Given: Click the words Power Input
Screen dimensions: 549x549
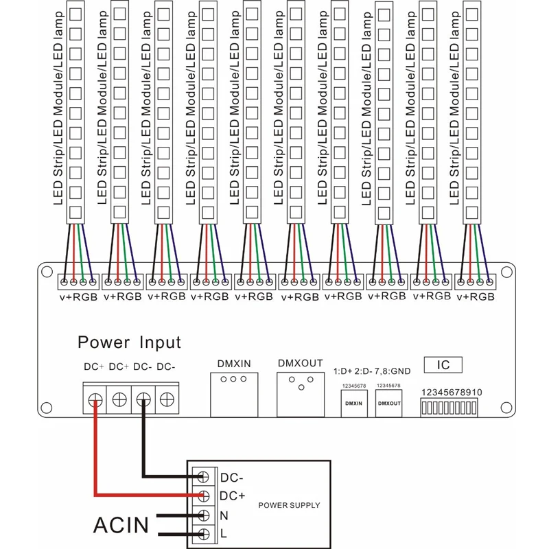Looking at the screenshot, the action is (129, 342).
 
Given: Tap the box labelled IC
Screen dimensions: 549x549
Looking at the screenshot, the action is (443, 365).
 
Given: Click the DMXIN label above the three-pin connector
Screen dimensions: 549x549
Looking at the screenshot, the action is (234, 364).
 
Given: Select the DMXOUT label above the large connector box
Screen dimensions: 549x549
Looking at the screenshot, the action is (300, 363).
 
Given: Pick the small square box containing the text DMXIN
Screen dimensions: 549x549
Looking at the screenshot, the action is (354, 404).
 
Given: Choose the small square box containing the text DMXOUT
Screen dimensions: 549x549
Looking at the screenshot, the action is (388, 404).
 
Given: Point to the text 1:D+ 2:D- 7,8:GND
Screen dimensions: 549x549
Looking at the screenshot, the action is (372, 371).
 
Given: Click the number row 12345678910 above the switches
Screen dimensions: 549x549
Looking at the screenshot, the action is (452, 392).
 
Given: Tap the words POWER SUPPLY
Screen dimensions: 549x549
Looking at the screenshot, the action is (289, 505).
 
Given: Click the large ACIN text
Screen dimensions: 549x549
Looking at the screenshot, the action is (121, 525).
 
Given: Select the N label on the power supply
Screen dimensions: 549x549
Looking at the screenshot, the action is (224, 515).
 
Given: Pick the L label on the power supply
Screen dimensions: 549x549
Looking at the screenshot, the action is (224, 533).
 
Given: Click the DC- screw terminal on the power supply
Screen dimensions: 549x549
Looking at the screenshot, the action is (203, 476).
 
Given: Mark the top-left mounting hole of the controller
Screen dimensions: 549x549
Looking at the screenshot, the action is (47, 272).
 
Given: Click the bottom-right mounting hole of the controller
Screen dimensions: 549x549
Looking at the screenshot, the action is (506, 407).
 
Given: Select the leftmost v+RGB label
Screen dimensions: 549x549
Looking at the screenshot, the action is (78, 297).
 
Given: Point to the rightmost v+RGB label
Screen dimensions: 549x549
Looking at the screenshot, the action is (476, 297).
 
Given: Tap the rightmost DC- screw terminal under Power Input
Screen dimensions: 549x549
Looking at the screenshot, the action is (167, 399).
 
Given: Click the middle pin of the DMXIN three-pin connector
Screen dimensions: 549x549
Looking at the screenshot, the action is (233, 379).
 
